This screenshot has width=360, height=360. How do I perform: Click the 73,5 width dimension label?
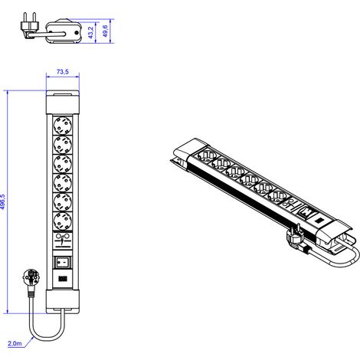[63, 72]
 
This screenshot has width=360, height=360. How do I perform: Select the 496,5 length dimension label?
[2, 201]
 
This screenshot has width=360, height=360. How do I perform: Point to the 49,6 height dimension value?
[106, 31]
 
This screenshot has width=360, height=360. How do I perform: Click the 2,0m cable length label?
[15, 343]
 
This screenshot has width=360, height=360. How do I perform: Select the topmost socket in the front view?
[63, 126]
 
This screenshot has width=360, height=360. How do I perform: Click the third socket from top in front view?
[63, 164]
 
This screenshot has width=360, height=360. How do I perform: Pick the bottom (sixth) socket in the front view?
[63, 221]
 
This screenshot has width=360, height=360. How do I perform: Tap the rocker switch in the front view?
[63, 262]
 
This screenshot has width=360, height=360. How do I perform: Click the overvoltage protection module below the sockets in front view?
[63, 241]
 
